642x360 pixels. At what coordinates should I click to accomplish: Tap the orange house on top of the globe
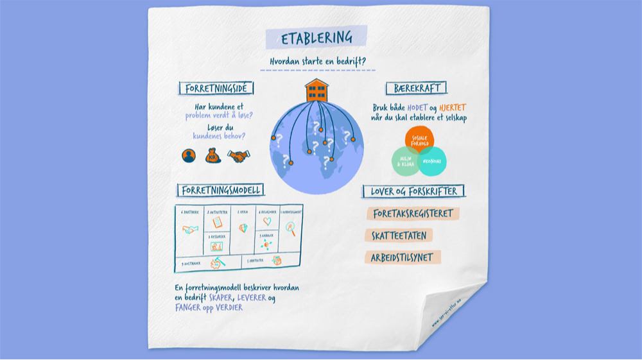click(x=315, y=90)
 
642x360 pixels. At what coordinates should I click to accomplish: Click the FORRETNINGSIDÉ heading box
click(x=216, y=88)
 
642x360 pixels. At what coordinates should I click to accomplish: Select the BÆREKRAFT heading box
click(x=416, y=88)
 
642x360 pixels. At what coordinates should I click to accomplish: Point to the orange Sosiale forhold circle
click(x=419, y=141)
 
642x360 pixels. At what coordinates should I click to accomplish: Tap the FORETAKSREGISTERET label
click(x=413, y=214)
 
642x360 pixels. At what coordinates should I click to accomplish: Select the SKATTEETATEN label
click(x=399, y=236)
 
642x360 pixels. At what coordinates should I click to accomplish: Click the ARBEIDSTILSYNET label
click(x=403, y=258)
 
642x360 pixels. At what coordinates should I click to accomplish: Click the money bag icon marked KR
click(x=213, y=155)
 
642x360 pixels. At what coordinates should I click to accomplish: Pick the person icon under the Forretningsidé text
click(x=189, y=155)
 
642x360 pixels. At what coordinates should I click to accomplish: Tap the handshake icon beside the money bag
click(x=239, y=156)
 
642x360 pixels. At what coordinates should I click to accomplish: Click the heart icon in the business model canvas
click(x=266, y=221)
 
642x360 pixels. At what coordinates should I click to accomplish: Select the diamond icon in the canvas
click(x=243, y=228)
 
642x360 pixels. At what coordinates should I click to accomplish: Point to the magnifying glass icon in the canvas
click(x=290, y=227)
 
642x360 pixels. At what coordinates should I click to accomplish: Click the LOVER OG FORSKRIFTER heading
click(x=413, y=191)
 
